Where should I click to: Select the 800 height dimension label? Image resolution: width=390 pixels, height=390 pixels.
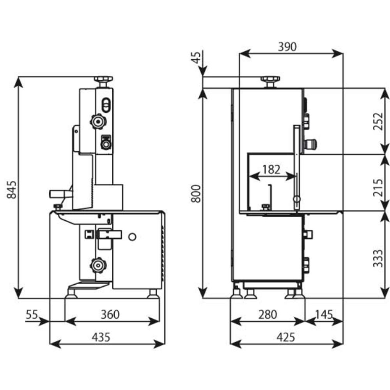coord(197,193)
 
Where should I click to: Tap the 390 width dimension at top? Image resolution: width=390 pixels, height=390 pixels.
coord(287,47)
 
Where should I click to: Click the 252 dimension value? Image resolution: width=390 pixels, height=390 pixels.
coord(377,122)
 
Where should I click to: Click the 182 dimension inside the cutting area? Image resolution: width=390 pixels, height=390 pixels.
coord(271,170)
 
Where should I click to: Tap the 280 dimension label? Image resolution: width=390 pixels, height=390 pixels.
coord(267,314)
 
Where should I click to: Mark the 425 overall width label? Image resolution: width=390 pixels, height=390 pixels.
coord(287,337)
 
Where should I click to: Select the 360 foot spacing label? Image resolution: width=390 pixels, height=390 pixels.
coord(110,314)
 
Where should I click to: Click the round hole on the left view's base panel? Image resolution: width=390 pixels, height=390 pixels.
coord(133,236)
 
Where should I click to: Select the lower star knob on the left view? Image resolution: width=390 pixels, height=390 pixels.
coord(98,266)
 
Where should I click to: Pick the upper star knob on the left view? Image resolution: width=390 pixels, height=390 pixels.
coord(98,121)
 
